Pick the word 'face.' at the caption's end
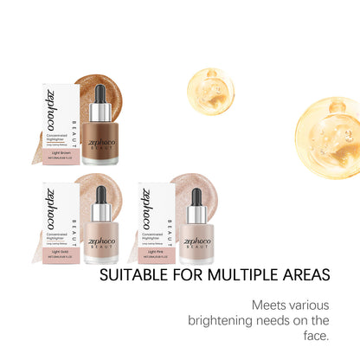click(317, 335)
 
